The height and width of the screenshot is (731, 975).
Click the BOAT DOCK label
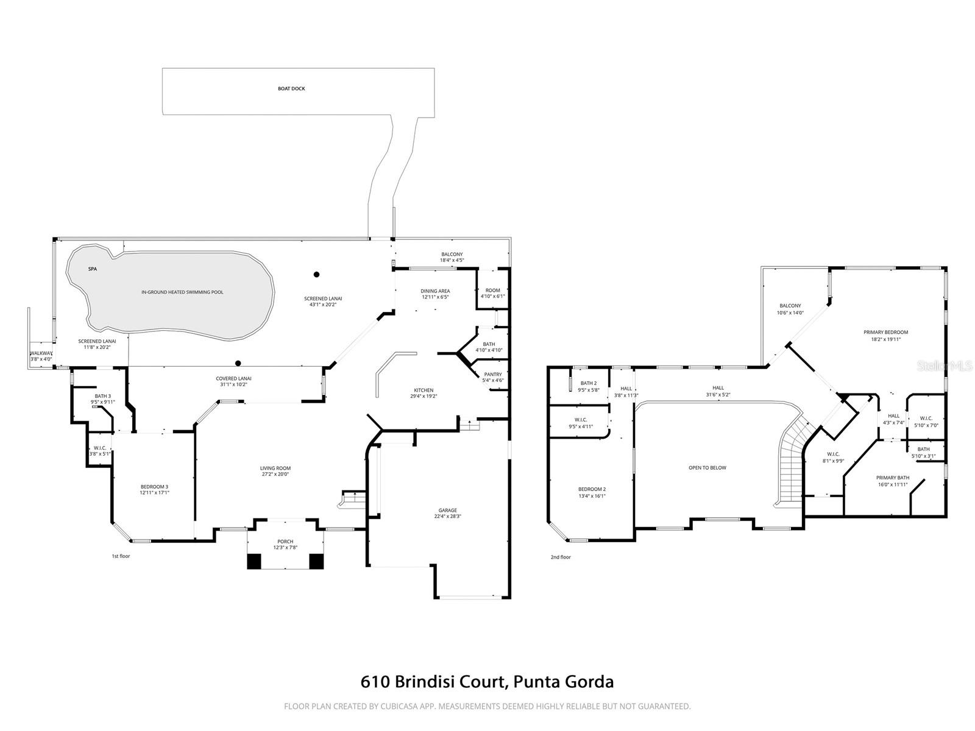pos(291,89)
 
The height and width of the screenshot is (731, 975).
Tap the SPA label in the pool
pos(93,269)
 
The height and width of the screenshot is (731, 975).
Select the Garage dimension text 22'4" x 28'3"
pos(447,516)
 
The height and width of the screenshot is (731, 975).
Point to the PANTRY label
pos(492,375)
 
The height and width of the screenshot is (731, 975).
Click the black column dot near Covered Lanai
pos(238,364)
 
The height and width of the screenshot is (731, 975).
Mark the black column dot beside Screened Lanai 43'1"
pos(316,274)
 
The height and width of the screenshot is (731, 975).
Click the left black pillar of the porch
pos(254,561)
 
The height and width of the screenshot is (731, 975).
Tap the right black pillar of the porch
pos(316,561)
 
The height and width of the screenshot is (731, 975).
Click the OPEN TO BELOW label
pos(707,468)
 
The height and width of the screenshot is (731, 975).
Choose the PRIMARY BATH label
pos(893,478)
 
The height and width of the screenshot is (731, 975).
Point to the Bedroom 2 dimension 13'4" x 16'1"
pos(592,496)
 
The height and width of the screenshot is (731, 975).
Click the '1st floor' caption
pos(121,556)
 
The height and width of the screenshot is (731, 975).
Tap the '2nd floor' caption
pos(561,557)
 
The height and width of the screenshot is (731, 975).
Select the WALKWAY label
pos(41,353)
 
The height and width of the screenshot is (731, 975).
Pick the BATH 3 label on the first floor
pos(102,396)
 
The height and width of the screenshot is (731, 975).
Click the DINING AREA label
pos(435,291)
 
